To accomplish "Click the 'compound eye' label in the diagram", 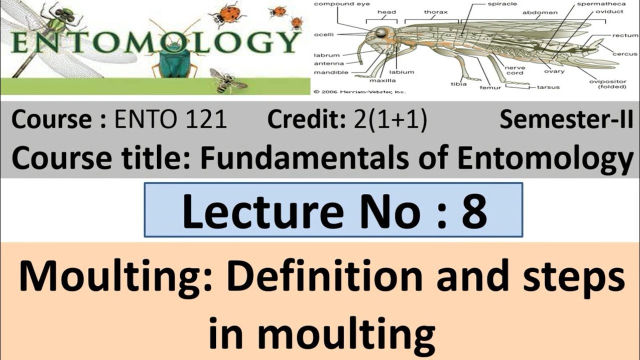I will coord(342,4).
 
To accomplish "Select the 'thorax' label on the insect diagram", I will coord(435,12).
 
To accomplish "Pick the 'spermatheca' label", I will coord(598,3).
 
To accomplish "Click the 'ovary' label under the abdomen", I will coord(554,71).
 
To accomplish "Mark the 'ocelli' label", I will coord(324,34).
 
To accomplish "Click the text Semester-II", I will coord(566,120).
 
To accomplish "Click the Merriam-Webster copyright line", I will coord(359,92).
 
